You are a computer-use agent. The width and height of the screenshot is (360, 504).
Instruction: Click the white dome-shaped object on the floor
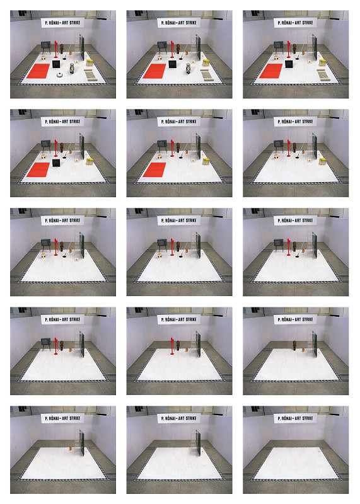tap(59, 75)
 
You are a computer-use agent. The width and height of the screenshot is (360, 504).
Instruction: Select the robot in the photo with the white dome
tap(72, 68)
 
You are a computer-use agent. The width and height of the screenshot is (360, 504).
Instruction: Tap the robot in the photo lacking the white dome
tap(189, 68)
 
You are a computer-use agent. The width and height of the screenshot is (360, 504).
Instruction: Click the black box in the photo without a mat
tap(56, 163)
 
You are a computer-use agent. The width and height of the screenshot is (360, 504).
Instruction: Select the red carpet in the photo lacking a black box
tap(154, 169)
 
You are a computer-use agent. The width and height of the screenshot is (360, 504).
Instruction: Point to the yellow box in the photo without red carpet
tap(322, 161)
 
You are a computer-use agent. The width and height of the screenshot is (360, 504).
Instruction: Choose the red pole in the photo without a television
tap(173, 345)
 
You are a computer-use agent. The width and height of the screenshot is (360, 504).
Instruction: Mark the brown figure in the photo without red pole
tap(294, 345)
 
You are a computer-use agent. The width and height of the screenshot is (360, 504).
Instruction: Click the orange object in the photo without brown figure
tap(70, 448)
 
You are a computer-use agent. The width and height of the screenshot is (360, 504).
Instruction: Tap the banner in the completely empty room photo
tap(295, 418)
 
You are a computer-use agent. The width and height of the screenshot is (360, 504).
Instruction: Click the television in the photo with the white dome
tap(45, 46)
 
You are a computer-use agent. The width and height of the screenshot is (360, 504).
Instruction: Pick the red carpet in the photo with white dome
tap(38, 71)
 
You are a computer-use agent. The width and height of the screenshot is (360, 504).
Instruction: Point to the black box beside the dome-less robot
tap(173, 64)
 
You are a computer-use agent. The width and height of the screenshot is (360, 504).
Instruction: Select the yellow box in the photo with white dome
tap(90, 62)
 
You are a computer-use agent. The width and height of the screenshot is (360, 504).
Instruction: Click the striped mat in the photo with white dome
tap(90, 74)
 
